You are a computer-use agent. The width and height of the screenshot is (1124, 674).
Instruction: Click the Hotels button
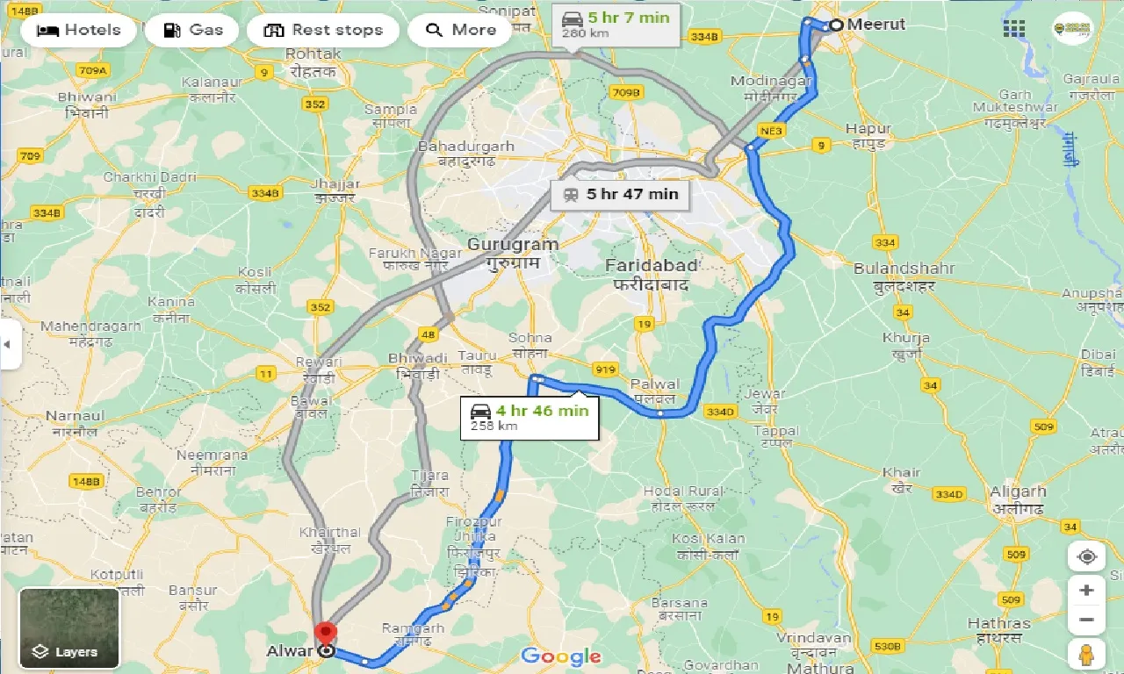tap(78, 30)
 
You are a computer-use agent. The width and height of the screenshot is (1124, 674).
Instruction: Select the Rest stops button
tap(323, 30)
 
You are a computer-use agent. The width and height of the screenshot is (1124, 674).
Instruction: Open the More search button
tap(461, 30)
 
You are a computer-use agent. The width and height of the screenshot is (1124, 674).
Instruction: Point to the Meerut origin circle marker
tap(836, 25)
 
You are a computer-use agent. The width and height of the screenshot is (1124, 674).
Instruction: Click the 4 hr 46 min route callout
tap(530, 416)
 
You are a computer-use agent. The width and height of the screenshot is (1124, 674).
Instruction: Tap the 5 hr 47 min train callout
tap(621, 194)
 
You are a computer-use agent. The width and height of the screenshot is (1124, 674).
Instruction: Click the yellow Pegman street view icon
tap(1086, 655)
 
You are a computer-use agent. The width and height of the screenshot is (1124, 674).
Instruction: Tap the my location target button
tap(1086, 557)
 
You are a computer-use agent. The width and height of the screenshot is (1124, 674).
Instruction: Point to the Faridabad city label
tap(652, 265)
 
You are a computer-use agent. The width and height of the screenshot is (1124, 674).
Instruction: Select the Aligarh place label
tap(1018, 491)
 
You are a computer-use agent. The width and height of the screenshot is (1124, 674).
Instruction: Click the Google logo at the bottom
tap(561, 656)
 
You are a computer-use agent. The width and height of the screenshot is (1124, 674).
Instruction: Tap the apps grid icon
tap(1014, 29)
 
